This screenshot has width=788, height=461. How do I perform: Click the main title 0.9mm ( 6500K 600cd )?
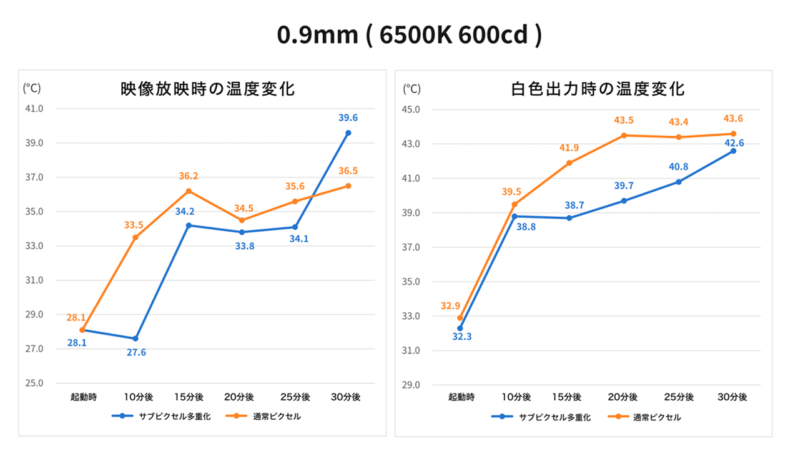tap(409, 35)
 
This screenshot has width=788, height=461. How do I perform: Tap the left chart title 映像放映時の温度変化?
tap(207, 89)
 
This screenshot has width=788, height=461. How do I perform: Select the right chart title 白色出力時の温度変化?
tap(597, 89)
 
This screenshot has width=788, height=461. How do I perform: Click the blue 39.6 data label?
tap(348, 117)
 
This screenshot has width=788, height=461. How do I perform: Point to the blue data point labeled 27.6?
tap(135, 339)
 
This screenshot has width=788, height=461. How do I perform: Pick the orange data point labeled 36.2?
tap(189, 191)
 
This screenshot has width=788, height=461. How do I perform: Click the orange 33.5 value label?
tap(134, 225)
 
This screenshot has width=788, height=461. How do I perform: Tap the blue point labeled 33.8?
tap(242, 232)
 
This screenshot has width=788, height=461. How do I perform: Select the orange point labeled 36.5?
tap(348, 186)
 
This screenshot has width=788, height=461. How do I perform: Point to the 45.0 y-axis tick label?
tap(411, 110)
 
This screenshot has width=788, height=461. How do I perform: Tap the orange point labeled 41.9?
tap(569, 163)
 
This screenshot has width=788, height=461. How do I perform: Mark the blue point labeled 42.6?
tap(733, 151)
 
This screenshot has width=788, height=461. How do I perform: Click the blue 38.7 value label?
tap(569, 205)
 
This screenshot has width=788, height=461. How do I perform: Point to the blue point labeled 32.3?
tap(460, 328)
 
